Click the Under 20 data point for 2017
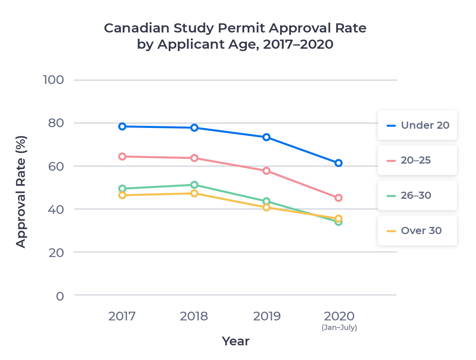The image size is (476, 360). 122,126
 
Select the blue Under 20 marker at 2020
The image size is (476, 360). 338,163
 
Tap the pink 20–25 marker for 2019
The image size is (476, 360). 266,171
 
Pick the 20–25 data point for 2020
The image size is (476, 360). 338,198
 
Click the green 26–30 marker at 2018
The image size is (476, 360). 194,185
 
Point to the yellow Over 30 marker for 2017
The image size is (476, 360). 122,195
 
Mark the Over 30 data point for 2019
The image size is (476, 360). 266,207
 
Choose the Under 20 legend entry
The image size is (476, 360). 417,125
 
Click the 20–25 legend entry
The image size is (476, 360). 417,160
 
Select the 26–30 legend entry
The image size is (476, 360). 417,196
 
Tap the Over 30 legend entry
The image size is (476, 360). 417,231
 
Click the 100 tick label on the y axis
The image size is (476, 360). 53,80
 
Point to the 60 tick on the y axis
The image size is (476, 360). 56,166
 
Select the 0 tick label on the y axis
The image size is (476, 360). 60,296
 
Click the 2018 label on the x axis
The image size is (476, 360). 194,316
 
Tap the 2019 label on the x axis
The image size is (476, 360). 267,316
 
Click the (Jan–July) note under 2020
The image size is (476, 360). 339,328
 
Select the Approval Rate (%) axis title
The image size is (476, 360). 21,192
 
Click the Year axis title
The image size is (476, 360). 235,341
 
